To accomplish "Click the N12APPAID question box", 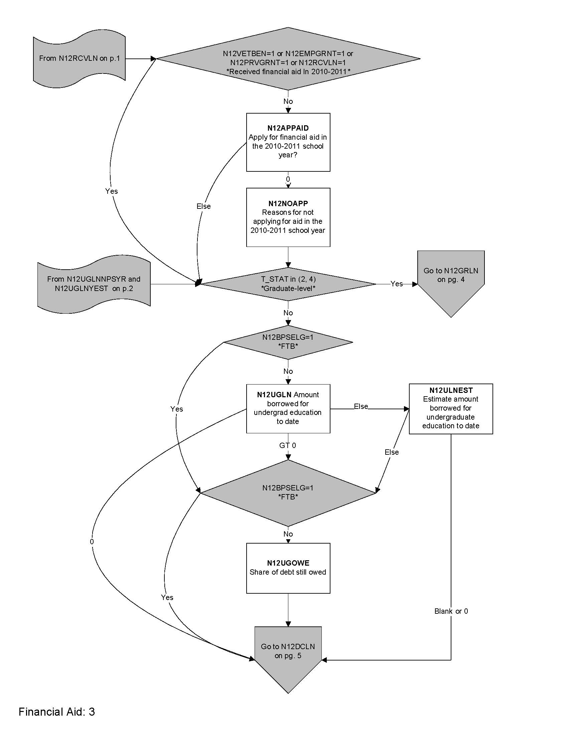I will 288,142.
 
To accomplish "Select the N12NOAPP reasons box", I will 288,217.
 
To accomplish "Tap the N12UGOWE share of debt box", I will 288,568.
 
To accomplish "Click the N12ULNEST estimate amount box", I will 451,409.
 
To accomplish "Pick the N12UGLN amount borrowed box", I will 288,408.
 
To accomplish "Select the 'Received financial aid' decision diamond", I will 288,59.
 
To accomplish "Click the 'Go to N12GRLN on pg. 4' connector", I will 451,279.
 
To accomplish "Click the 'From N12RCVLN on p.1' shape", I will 80,58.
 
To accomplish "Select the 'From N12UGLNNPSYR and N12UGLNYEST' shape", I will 94,284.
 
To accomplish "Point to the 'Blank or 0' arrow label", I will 451,611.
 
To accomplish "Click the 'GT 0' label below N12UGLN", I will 288,446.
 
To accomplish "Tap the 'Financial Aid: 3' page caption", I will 56,711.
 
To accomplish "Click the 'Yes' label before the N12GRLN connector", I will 396,284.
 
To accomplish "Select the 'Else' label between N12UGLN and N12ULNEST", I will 361,407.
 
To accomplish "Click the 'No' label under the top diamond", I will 288,101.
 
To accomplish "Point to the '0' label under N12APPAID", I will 288,179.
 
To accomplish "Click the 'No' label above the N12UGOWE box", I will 288,534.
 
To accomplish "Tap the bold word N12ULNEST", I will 451,390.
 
